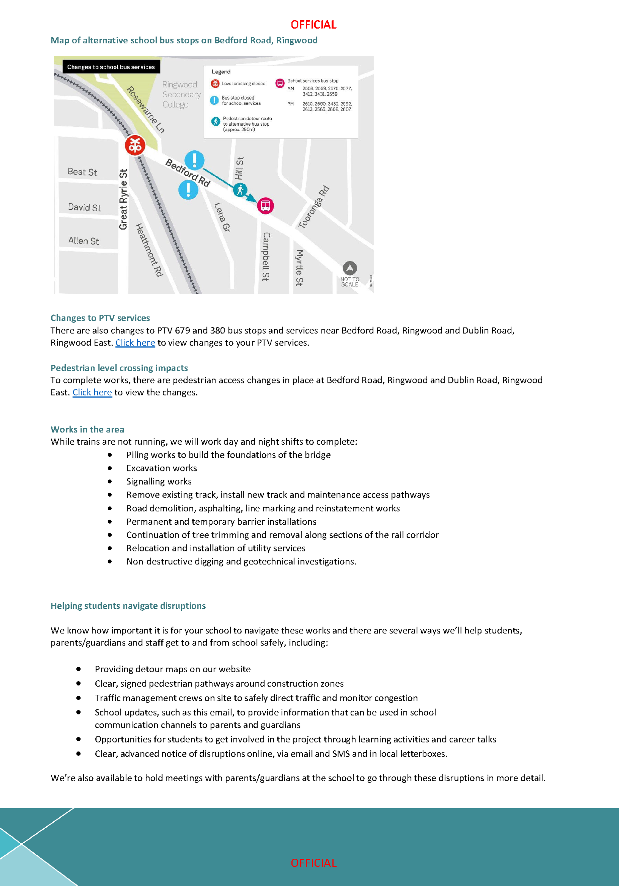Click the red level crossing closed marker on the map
(x=135, y=145)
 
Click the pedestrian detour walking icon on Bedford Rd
(x=240, y=190)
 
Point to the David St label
(x=84, y=207)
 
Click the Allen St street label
(x=84, y=241)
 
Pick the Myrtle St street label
(x=299, y=268)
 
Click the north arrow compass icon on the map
(x=350, y=268)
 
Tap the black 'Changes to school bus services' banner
(x=111, y=67)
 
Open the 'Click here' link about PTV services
(x=135, y=343)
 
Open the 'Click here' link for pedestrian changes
(x=92, y=393)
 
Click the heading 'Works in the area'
(x=87, y=429)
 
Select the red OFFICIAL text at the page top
(x=314, y=25)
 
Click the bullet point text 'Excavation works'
(x=161, y=468)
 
